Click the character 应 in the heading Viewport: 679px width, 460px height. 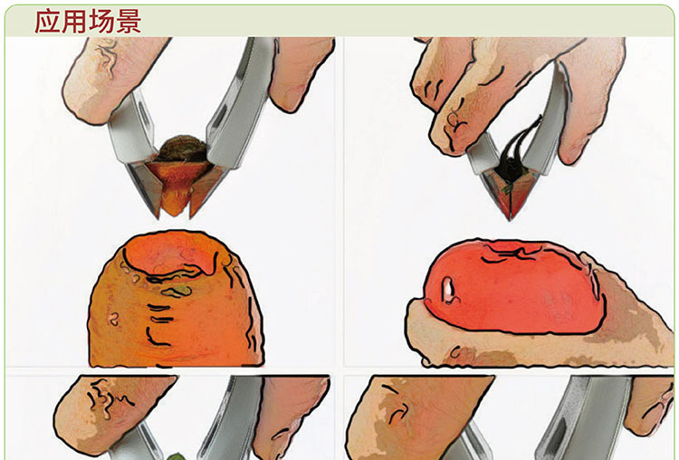tap(47, 21)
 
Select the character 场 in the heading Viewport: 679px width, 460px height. tap(101, 21)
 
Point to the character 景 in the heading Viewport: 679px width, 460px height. tap(129, 21)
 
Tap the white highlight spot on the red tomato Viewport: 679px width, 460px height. tap(448, 290)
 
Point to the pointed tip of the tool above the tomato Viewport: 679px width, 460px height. tap(510, 219)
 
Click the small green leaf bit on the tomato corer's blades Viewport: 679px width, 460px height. tap(507, 188)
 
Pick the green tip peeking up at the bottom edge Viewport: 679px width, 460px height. tap(175, 456)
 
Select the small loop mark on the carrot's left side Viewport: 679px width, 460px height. tap(114, 320)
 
